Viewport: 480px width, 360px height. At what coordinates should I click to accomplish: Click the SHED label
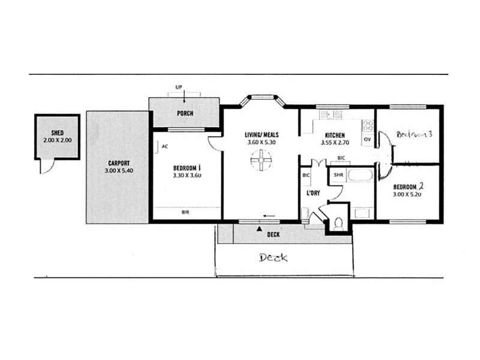click(57, 133)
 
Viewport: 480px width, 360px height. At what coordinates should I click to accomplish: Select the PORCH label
click(184, 113)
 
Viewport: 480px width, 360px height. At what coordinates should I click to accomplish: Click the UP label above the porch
click(178, 88)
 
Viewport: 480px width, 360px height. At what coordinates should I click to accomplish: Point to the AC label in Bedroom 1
click(164, 145)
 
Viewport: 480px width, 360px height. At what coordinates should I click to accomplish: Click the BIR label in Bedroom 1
click(187, 212)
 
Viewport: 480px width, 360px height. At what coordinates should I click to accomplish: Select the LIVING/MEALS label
click(262, 134)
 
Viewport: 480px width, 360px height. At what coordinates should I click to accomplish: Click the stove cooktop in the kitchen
click(367, 127)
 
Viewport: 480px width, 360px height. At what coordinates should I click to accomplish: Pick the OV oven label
click(367, 140)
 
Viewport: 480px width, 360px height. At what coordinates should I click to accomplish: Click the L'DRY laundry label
click(313, 194)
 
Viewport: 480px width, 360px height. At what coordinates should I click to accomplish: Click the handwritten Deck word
click(273, 258)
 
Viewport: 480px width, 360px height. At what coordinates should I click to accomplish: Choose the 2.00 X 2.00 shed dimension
click(57, 140)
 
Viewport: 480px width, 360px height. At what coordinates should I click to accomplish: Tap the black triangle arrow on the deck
click(259, 229)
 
